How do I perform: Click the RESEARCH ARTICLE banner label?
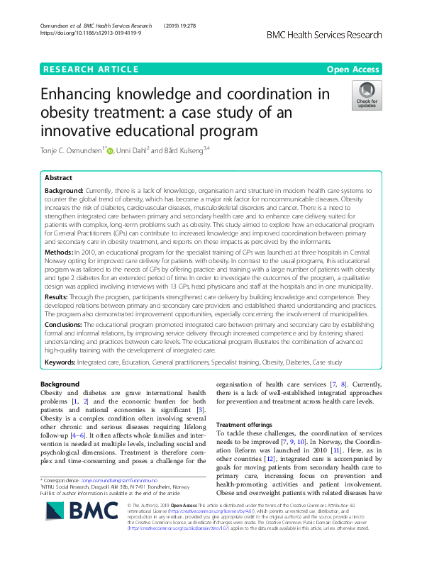pos(91,70)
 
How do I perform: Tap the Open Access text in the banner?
pos(352,70)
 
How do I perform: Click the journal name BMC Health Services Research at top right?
pos(344,35)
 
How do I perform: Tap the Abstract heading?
pos(60,179)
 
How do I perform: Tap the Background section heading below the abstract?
pos(60,384)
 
